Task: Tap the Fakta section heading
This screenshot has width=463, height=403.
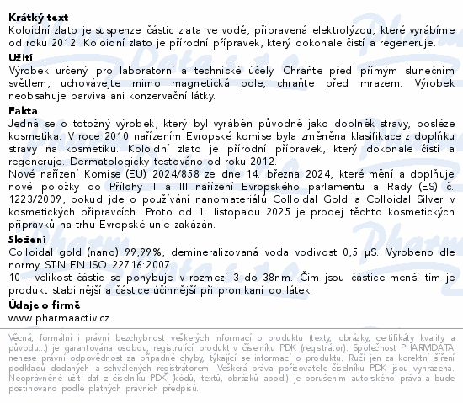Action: [x=23, y=110]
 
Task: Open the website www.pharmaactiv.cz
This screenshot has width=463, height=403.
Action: [x=59, y=318]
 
